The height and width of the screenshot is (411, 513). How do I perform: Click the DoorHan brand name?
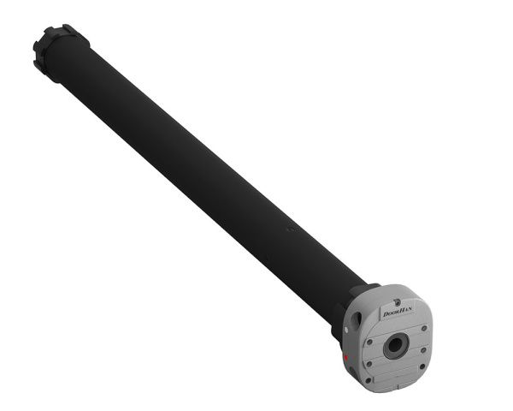(x=398, y=312)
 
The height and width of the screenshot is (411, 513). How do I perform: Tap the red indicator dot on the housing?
(x=346, y=357)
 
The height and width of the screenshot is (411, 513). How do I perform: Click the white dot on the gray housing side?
(x=346, y=330)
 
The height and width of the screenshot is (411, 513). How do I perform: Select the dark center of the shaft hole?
(x=395, y=345)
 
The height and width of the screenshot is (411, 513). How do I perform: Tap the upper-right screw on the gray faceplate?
(x=424, y=328)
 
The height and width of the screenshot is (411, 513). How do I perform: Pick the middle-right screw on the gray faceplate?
(x=423, y=350)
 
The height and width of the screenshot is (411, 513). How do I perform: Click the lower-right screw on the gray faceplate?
(x=422, y=366)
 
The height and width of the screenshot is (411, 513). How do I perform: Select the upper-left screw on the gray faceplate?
(x=369, y=342)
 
